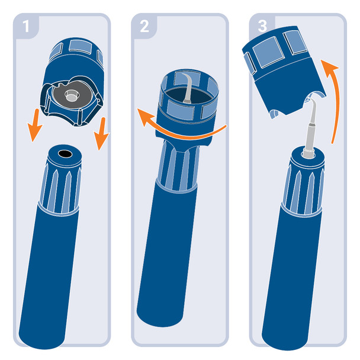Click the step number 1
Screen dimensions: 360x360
coord(26,26)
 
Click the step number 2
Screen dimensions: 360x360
coord(144,26)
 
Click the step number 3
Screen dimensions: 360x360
coord(262,26)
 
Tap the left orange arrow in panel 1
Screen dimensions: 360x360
coord(34,126)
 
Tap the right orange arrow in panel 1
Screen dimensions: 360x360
coord(101,134)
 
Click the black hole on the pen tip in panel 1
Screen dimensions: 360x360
coord(65,153)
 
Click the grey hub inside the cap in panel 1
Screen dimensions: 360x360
coord(72,95)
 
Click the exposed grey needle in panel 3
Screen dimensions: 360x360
coord(310,124)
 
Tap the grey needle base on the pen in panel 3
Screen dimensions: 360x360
coord(308,153)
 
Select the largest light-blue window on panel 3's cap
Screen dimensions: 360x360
coord(268,52)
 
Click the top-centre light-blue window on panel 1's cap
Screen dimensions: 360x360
coord(81,47)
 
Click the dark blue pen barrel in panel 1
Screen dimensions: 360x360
coord(49,275)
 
